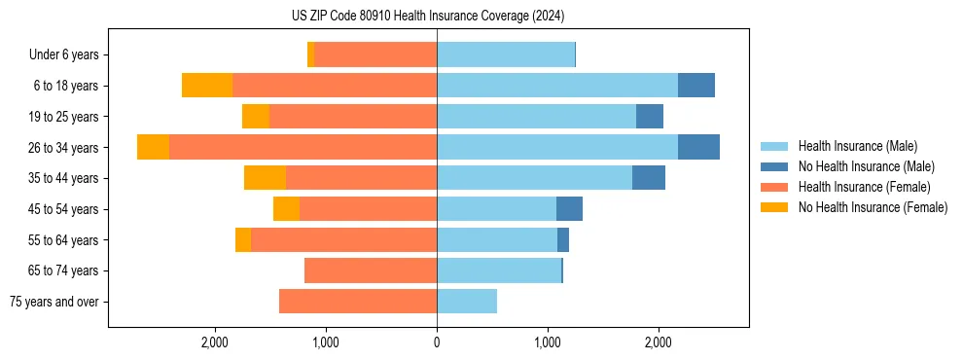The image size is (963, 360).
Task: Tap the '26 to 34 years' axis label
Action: tap(63, 148)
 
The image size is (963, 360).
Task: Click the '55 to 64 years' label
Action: tap(63, 240)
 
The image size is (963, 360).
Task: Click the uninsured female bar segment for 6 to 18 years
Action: tap(207, 86)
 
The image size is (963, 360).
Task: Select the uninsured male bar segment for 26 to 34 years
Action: tap(698, 147)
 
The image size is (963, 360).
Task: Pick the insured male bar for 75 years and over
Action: tap(467, 302)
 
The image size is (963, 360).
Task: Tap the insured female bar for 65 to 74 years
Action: tap(371, 270)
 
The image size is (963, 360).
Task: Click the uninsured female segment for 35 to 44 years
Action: tap(265, 178)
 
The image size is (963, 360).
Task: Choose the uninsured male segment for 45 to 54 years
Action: tap(569, 209)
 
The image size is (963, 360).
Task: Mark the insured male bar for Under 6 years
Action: tap(506, 54)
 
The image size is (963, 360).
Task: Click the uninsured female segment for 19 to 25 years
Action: tap(256, 117)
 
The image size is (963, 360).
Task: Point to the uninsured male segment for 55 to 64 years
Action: tap(563, 240)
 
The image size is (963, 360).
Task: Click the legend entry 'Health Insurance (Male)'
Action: tap(857, 146)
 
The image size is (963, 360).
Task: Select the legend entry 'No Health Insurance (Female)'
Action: tap(873, 207)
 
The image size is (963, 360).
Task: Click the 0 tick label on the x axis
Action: tap(437, 342)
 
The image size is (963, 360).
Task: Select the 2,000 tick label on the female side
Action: tap(215, 342)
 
